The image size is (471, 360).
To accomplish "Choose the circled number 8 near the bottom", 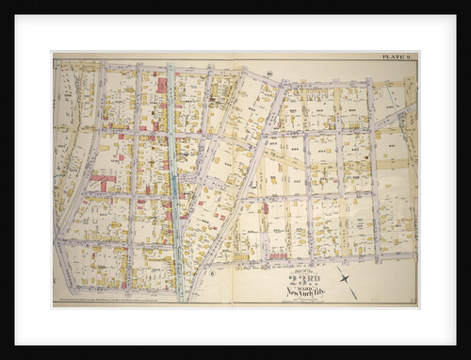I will (213, 273).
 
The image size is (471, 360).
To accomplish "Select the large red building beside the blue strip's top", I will (162, 86).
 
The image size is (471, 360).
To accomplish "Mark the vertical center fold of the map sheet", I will (233, 179).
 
